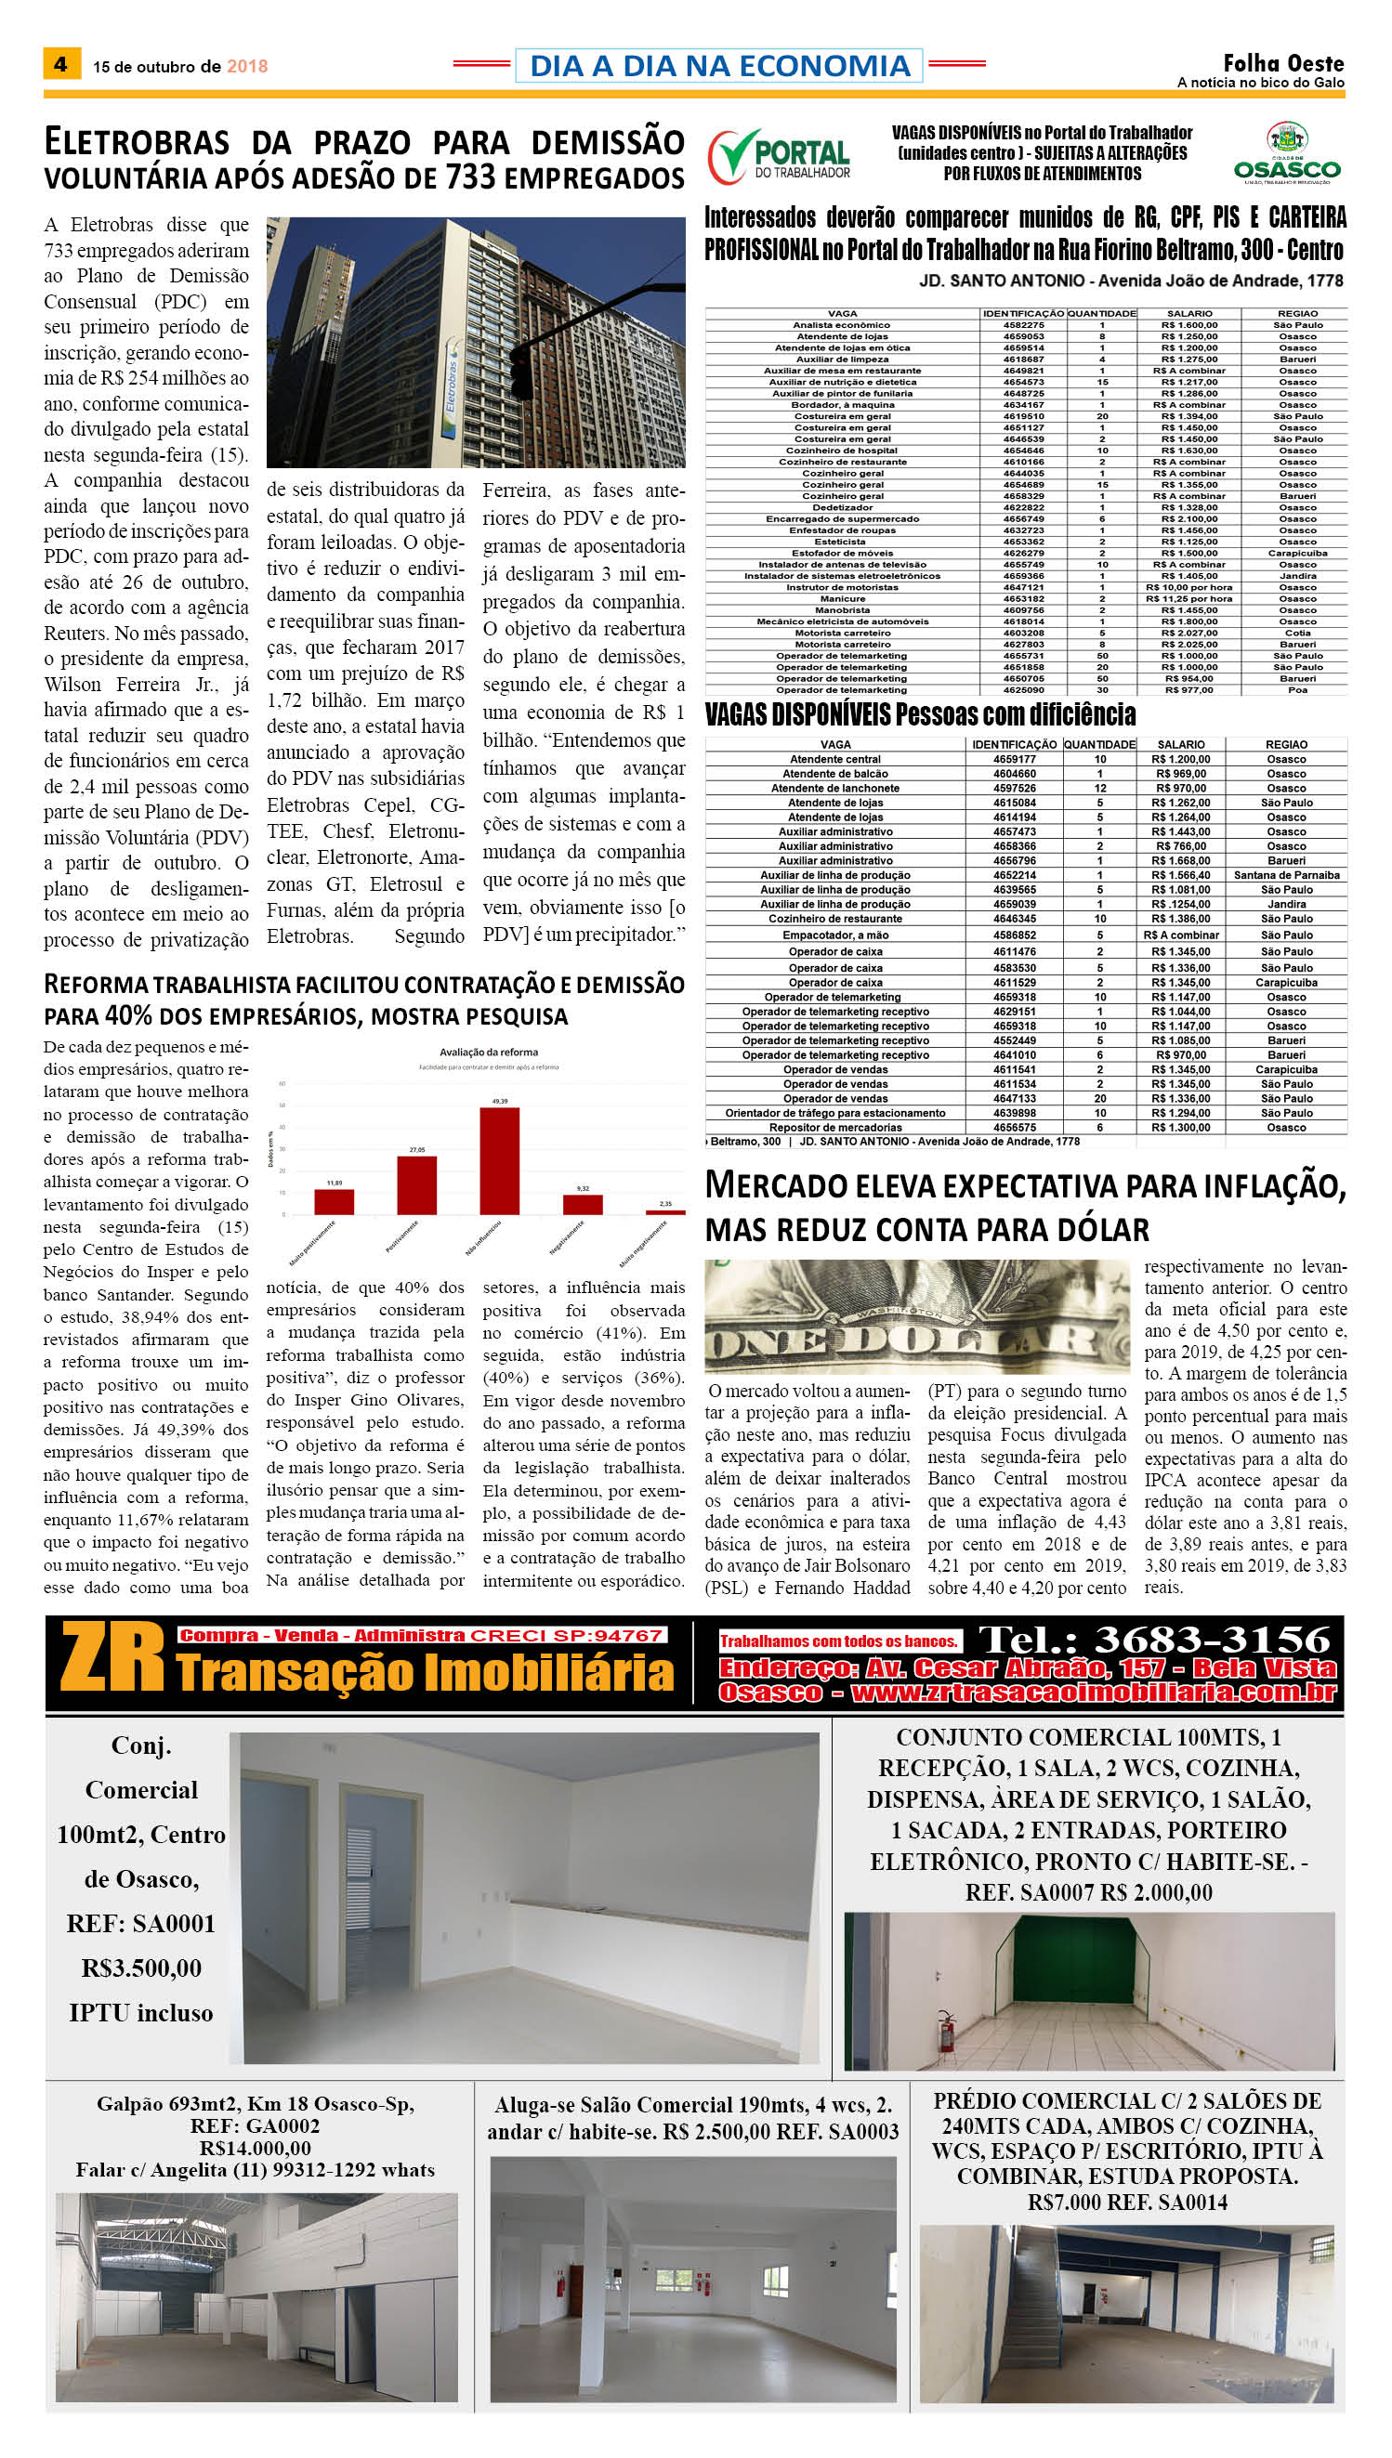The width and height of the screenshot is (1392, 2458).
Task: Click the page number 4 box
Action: click(61, 64)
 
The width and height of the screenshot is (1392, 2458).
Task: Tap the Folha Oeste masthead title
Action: click(1282, 63)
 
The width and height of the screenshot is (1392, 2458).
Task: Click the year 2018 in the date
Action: click(246, 66)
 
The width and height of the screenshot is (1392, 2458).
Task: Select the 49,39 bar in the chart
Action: click(499, 1160)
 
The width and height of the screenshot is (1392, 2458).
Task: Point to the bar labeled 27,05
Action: click(417, 1184)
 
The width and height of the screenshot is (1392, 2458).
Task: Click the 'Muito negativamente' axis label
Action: click(642, 1243)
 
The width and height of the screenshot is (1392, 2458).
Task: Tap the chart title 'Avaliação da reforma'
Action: click(489, 1052)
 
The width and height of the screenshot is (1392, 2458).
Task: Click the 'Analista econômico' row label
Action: click(841, 325)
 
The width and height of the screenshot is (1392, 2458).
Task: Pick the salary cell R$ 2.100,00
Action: click(1189, 519)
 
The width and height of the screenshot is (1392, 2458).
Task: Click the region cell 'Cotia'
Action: click(1297, 633)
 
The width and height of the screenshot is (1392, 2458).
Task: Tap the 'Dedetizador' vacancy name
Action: click(842, 507)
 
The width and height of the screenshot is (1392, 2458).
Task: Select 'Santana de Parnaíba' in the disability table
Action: click(1286, 874)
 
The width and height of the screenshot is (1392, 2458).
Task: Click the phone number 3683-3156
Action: click(1212, 1640)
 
